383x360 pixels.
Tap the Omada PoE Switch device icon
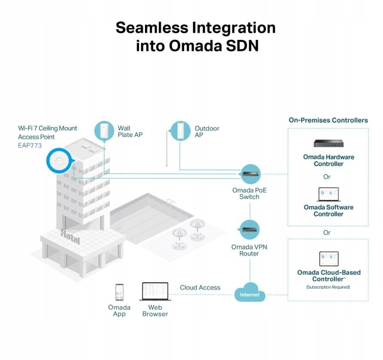coord(250,174)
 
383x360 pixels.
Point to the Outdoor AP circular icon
coord(180,131)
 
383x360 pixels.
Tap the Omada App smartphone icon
coord(119,292)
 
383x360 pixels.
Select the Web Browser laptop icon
coord(155,292)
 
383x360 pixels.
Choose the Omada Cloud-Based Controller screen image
coord(329,259)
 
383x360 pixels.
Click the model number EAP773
coord(30,145)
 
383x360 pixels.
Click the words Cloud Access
coord(200,287)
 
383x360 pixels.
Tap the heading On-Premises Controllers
coord(328,120)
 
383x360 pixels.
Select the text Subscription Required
coord(328,287)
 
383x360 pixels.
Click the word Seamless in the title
coord(151,28)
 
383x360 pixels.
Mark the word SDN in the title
coord(242,46)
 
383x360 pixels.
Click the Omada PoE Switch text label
coord(250,193)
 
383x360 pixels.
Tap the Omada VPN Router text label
coord(249,250)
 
